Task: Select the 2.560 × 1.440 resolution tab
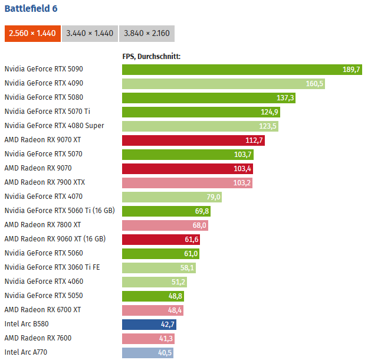pos(32,33)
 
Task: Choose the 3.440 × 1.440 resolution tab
pos(90,33)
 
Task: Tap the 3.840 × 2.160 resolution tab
pos(147,33)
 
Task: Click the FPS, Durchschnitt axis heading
pos(151,57)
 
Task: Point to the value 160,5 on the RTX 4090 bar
pos(314,84)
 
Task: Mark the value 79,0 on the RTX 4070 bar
pos(213,197)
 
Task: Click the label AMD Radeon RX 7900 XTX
pos(45,182)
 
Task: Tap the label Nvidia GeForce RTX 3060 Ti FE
pos(52,267)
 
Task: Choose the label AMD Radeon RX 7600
pos(38,338)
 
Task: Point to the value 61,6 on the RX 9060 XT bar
pos(192,240)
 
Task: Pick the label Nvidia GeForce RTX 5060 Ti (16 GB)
pos(60,211)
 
